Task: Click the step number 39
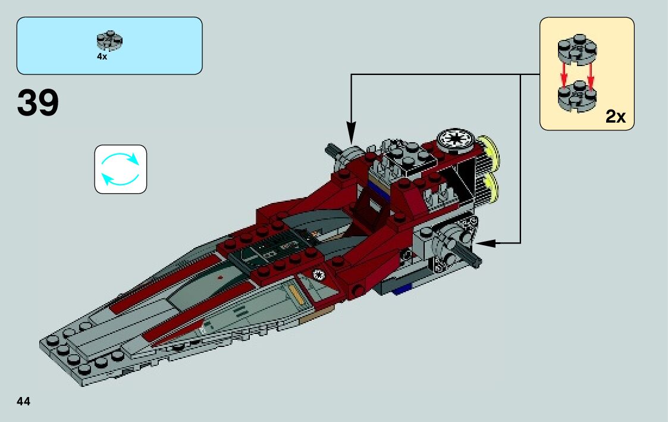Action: point(38,103)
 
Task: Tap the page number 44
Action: point(24,401)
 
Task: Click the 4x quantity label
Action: point(102,57)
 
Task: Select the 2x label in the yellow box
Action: point(616,117)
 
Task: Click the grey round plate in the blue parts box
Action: point(109,40)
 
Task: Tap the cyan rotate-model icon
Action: point(120,169)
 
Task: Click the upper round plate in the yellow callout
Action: point(577,51)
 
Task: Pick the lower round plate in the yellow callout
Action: point(577,98)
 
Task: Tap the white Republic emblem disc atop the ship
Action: point(455,140)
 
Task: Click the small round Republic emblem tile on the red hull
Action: point(318,274)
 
